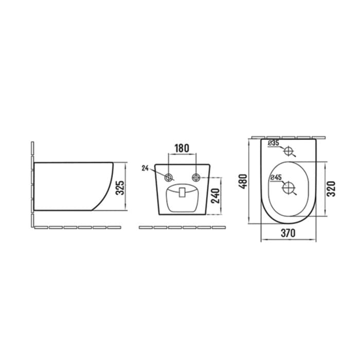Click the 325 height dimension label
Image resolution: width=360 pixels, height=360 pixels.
120,188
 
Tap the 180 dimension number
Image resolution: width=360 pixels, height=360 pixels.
182,149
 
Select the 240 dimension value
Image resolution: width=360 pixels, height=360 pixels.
215,196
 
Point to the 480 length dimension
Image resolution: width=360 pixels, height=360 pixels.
243,182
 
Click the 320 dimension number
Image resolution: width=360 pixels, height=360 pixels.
331,189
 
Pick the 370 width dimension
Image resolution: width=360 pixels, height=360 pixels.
288,233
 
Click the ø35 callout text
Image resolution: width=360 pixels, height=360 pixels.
274,143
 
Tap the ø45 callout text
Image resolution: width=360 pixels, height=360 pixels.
276,177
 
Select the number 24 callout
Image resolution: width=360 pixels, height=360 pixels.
145,168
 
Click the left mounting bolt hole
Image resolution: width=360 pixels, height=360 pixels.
169,177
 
